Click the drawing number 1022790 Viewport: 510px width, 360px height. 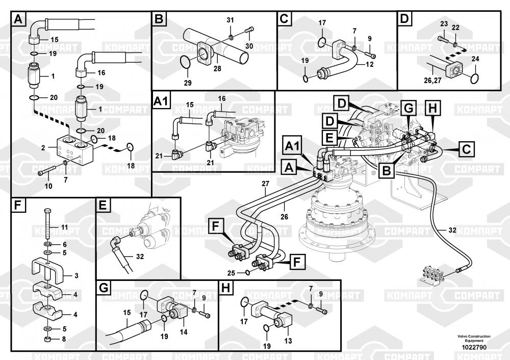(474, 347)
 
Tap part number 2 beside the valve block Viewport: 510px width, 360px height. (44, 148)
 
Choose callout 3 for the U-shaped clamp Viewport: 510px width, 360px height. (76, 276)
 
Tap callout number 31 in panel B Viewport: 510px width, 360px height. (230, 19)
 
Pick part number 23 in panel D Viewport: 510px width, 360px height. (444, 24)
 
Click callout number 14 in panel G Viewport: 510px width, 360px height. (183, 332)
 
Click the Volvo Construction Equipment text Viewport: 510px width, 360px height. (474, 339)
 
